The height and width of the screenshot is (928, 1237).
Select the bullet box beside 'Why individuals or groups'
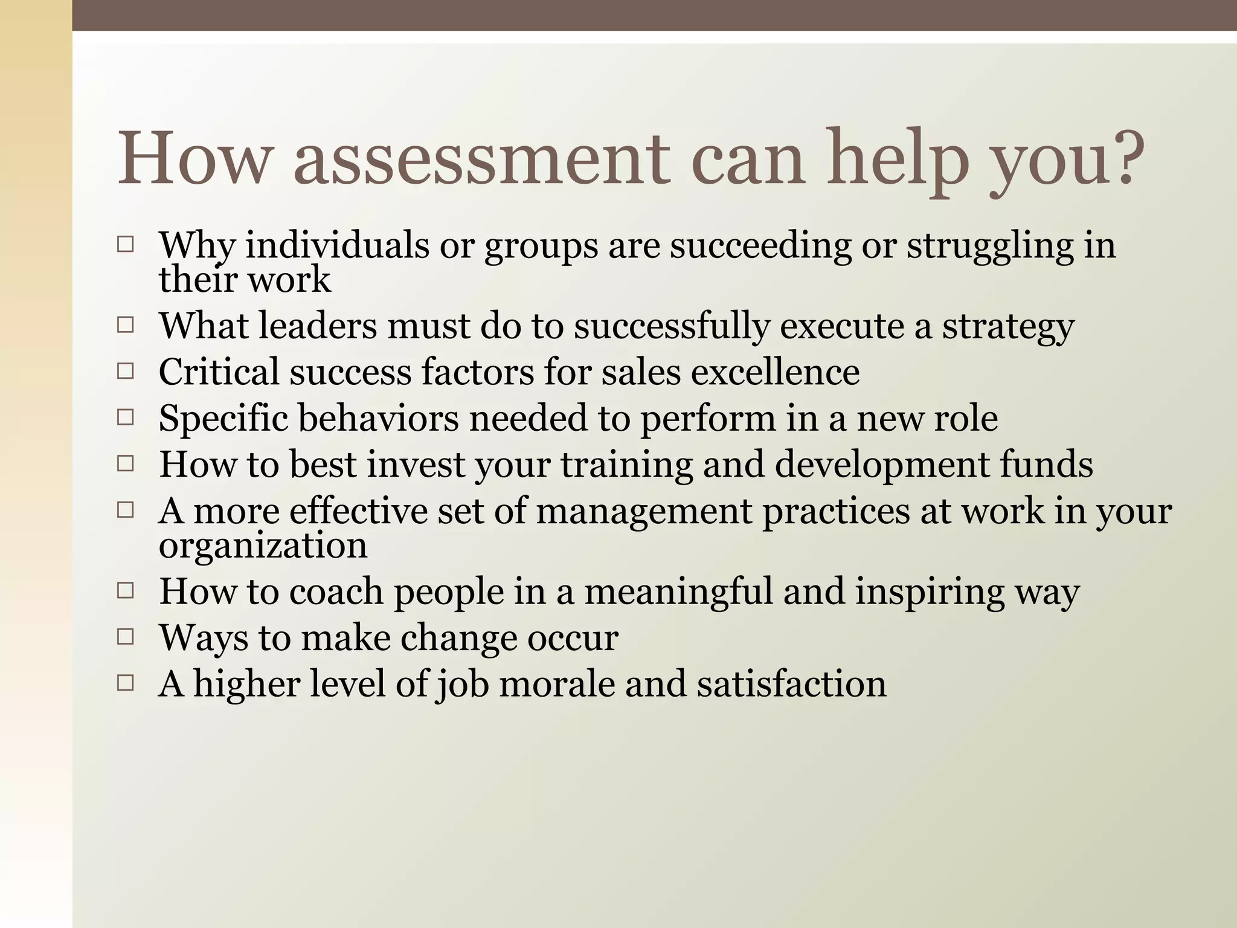click(x=126, y=245)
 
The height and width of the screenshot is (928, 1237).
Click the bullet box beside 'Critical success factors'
click(x=126, y=371)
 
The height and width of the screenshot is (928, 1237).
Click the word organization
click(x=263, y=547)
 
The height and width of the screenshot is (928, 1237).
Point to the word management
click(x=643, y=512)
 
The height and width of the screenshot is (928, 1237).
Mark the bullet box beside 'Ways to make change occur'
click(x=126, y=637)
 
